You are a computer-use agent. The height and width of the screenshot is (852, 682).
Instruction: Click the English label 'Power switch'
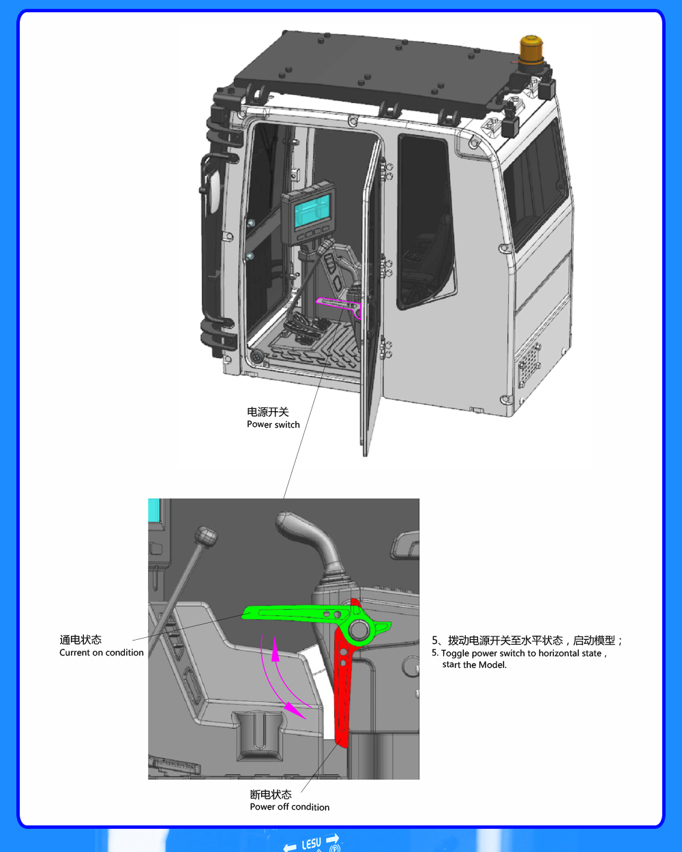pyautogui.click(x=273, y=424)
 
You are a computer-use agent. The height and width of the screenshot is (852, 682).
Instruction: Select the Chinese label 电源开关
pyautogui.click(x=268, y=412)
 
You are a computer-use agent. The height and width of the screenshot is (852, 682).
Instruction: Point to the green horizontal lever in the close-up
pyautogui.click(x=293, y=613)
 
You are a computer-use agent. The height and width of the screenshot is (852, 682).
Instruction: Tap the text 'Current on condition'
pyautogui.click(x=102, y=653)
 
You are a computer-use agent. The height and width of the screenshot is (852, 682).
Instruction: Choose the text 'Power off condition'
pyautogui.click(x=289, y=807)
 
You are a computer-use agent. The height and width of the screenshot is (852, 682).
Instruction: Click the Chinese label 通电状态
pyautogui.click(x=80, y=640)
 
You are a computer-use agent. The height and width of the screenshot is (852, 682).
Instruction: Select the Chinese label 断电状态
pyautogui.click(x=271, y=795)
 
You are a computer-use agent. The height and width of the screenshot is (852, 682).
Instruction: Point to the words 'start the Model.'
pyautogui.click(x=474, y=665)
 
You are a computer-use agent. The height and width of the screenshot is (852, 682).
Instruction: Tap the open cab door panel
pyautogui.click(x=372, y=300)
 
